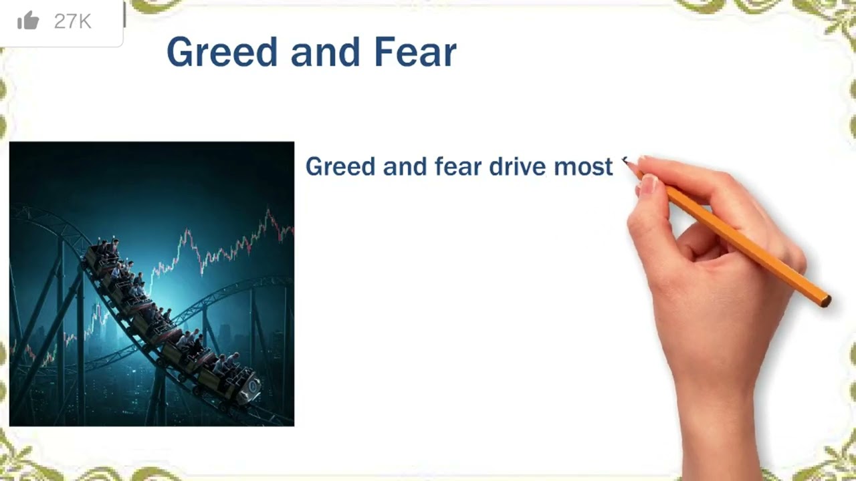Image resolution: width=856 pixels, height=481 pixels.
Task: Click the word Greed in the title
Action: point(221,53)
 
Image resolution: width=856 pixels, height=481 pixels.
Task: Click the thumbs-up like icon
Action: point(28,21)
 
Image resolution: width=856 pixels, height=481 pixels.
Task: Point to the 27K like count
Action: point(72,21)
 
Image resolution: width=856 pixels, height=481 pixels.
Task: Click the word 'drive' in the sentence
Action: point(517,167)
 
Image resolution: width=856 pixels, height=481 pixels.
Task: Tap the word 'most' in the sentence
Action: point(583,167)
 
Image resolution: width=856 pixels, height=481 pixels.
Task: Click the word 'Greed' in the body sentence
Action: point(340,167)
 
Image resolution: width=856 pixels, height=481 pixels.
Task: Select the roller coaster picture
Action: point(152,284)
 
